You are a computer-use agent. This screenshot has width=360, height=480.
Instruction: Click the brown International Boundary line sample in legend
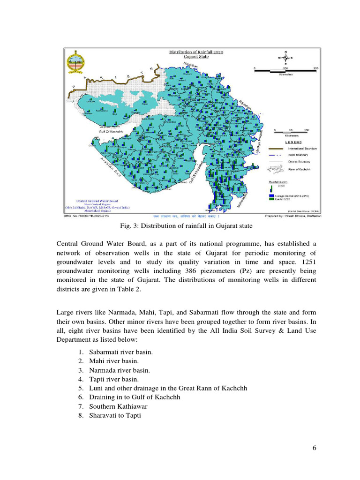tap(278, 149)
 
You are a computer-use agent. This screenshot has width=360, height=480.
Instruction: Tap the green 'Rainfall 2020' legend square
tap(271, 199)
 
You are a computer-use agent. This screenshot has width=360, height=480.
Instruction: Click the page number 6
tap(315, 448)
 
